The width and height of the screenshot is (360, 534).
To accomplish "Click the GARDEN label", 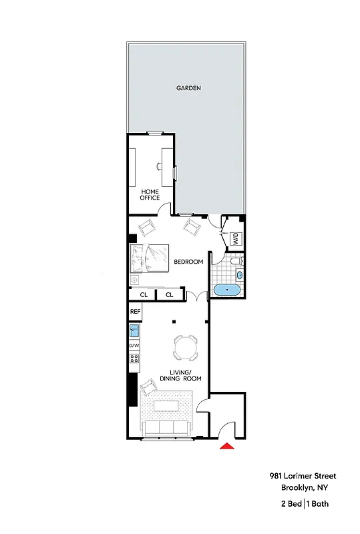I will (188, 88).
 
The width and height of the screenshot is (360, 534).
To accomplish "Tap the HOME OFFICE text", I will (150, 194).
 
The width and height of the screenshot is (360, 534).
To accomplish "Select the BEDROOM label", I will (188, 262).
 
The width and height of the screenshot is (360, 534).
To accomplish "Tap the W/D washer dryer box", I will (236, 238).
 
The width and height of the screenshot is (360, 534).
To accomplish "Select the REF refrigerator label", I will (135, 311).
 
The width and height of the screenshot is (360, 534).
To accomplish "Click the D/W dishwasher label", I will (134, 345).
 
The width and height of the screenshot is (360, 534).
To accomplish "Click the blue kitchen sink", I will (134, 330).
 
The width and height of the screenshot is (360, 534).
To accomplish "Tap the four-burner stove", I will (134, 361).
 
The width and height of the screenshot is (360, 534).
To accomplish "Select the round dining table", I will (185, 346).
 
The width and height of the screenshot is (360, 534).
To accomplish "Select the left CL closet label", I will (144, 294).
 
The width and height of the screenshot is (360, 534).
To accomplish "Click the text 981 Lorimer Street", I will (303, 476).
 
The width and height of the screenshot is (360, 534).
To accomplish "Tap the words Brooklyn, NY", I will (308, 487).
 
